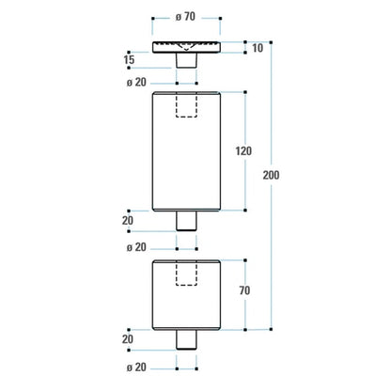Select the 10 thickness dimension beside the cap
[x=258, y=48]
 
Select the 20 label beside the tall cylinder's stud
[x=128, y=220]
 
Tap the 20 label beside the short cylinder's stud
[x=128, y=338]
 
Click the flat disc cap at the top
[x=185, y=48]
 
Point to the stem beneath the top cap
[x=185, y=61]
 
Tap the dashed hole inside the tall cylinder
[x=185, y=105]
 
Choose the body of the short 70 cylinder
[x=185, y=301]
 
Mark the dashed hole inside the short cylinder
[x=185, y=273]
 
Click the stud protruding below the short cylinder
[x=185, y=339]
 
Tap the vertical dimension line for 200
[x=272, y=113]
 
